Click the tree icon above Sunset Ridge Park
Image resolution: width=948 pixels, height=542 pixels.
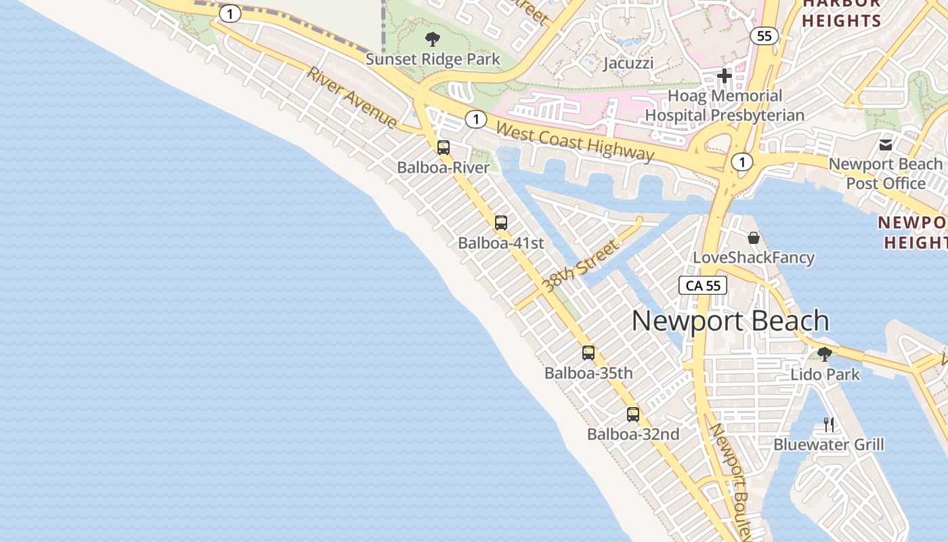point(432,39)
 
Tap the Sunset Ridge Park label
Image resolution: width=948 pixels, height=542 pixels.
point(433,59)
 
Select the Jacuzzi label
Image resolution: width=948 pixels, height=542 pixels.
point(628,63)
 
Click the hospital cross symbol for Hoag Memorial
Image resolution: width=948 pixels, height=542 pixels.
point(725,75)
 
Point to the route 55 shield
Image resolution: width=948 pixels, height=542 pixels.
point(764,36)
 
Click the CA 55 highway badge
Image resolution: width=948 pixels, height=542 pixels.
point(703,285)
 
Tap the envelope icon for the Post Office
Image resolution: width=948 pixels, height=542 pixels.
point(885,144)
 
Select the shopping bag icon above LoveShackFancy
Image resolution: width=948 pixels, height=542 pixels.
point(754,238)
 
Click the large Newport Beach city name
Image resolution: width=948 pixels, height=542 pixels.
point(730,320)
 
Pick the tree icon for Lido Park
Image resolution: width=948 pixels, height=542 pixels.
point(825,354)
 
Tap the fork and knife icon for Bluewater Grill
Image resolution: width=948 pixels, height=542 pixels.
point(828,425)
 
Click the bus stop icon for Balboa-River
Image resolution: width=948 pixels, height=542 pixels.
point(444,147)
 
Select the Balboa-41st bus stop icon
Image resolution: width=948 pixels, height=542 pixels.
point(500,223)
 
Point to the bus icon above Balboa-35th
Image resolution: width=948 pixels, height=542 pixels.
point(588,352)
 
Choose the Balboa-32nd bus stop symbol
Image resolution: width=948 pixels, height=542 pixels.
point(633,415)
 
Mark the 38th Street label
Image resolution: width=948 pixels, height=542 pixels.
point(582,265)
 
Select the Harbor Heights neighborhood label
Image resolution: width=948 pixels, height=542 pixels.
point(842,12)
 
